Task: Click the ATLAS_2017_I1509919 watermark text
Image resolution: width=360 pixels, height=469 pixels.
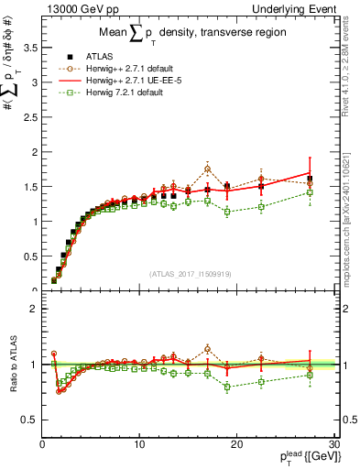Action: click(188, 273)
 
